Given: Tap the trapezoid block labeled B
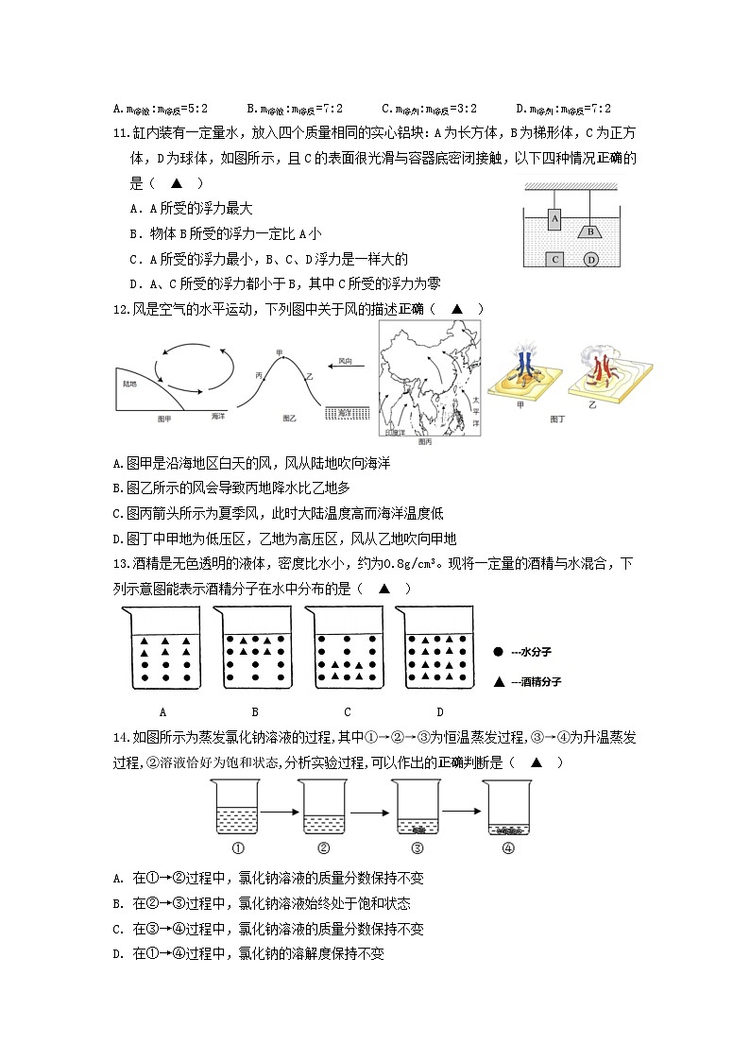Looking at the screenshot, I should tap(589, 231).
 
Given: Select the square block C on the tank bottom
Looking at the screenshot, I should tap(557, 258).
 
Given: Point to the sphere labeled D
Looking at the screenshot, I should tap(591, 259).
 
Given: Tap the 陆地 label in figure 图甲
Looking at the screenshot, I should tap(129, 384).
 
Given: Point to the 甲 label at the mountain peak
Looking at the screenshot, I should tap(279, 352).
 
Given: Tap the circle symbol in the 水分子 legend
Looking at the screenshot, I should tap(498, 652).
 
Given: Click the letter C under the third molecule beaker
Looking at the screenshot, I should tap(348, 711).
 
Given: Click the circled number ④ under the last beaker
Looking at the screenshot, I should tap(507, 847).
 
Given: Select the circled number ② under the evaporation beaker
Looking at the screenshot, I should tap(323, 847).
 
